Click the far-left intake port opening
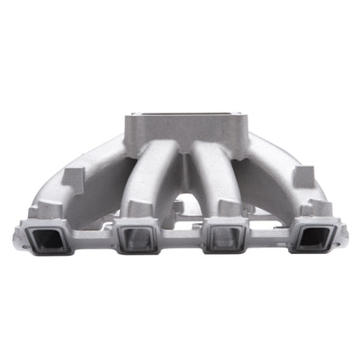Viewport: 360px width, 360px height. (x=51, y=238)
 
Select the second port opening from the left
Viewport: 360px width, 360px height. (x=136, y=239)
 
